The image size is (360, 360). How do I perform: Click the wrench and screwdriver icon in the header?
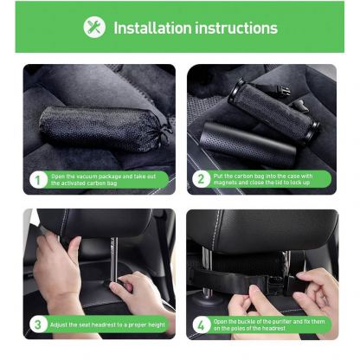(x=93, y=27)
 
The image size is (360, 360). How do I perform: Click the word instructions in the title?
(x=238, y=27)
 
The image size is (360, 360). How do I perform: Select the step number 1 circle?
(x=37, y=180)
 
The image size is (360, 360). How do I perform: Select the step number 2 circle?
(x=201, y=180)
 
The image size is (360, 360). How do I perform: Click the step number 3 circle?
(x=37, y=325)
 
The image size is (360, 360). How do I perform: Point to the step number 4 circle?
(x=201, y=325)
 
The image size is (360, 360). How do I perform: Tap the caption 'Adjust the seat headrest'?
(x=108, y=325)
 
